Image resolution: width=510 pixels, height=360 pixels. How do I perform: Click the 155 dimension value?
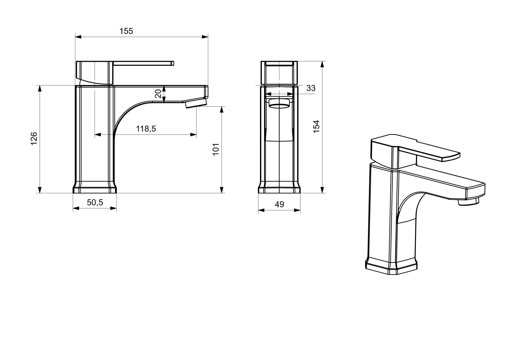(126, 31)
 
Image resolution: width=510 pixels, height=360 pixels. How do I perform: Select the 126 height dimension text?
(34, 139)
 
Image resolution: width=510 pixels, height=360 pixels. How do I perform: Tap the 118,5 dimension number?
(146, 129)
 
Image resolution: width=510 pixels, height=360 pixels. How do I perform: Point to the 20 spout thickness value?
(158, 93)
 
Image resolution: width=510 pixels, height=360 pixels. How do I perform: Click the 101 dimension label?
(216, 149)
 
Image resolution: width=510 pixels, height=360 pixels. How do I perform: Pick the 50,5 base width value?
(95, 202)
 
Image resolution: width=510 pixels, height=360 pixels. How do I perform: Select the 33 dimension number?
(311, 88)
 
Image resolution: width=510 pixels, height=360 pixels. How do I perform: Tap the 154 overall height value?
(316, 127)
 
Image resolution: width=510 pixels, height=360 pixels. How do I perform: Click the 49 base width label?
(279, 204)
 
